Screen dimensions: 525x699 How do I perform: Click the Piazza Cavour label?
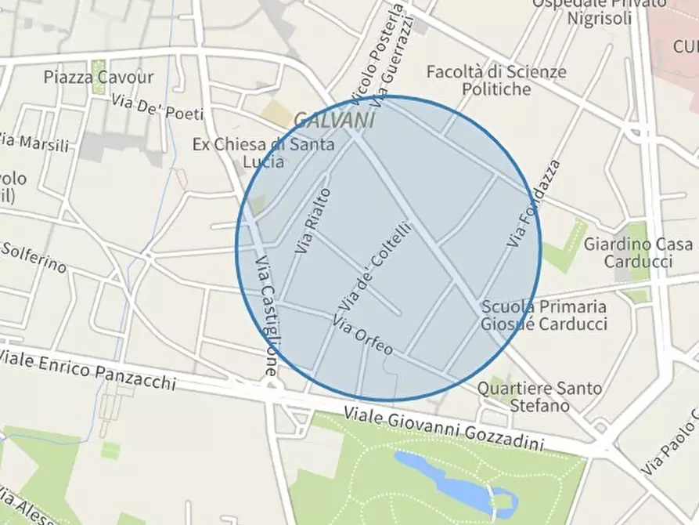tap(99, 77)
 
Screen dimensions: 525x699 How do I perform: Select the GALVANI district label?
tap(334, 120)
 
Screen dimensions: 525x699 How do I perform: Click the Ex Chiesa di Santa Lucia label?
tap(263, 153)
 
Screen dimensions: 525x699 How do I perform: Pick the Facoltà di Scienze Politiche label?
tap(495, 80)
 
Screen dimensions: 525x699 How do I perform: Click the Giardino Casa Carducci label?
tap(638, 252)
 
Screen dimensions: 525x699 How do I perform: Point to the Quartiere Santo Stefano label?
tap(540, 396)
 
